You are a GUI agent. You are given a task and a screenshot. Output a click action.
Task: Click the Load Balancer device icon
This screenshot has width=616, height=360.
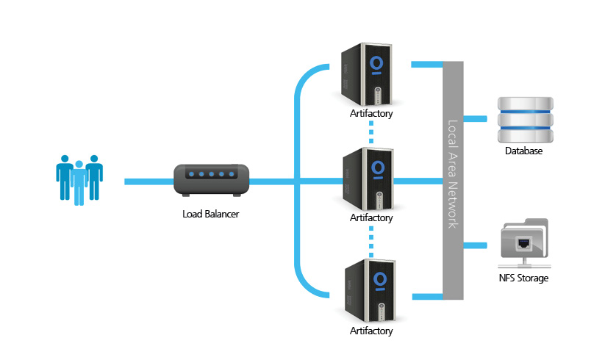click(212, 180)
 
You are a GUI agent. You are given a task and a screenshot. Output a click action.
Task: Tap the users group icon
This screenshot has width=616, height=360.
click(79, 179)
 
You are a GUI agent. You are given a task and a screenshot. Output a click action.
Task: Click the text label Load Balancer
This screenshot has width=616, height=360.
click(211, 215)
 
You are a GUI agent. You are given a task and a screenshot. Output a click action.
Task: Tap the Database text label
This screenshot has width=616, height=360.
click(523, 152)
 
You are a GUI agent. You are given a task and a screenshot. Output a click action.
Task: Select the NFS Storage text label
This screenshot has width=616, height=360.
click(523, 278)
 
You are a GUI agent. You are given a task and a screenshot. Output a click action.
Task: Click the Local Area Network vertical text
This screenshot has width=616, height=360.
click(454, 174)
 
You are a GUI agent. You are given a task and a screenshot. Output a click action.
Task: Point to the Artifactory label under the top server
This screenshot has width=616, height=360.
click(371, 114)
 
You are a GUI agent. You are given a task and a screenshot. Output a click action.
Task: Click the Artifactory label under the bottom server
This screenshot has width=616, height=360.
click(371, 331)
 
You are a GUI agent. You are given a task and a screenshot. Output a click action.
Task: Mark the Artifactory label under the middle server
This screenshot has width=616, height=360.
click(371, 218)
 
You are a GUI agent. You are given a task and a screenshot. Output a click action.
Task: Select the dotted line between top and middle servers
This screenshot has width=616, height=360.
click(371, 132)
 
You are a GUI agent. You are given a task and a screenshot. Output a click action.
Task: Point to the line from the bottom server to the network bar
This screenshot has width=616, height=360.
click(426, 297)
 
